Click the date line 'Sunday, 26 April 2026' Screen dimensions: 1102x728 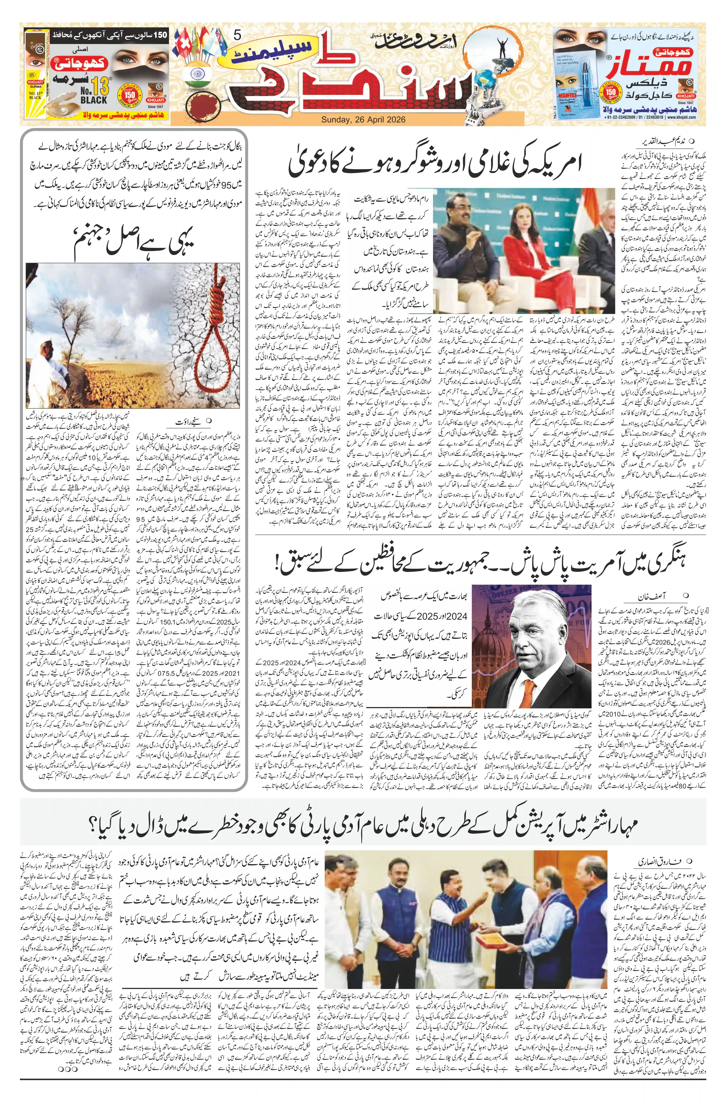pos(363,120)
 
